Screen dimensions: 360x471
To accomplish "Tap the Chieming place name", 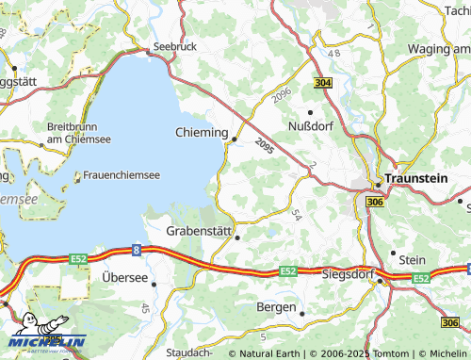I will pyautogui.click(x=202, y=133).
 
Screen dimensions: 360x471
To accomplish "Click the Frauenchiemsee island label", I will pyautogui.click(x=122, y=174).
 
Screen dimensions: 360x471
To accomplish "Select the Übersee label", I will pyautogui.click(x=125, y=277).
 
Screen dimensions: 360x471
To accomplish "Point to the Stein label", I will pyautogui.click(x=413, y=259).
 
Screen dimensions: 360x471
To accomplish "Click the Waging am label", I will pyautogui.click(x=439, y=47).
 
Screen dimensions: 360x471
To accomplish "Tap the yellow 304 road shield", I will pyautogui.click(x=323, y=84).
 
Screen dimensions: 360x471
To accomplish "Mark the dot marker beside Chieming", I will pyautogui.click(x=234, y=139).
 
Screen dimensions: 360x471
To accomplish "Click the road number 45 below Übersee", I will pyautogui.click(x=145, y=308).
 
